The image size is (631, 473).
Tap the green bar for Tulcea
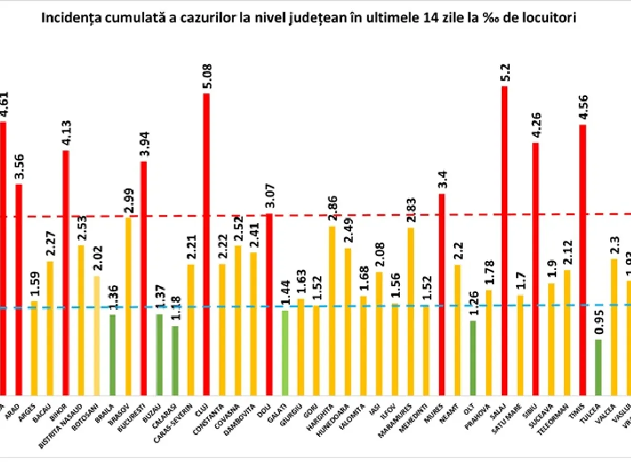(598, 367)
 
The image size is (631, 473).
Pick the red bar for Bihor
(66, 273)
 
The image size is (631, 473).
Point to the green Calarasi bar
(175, 361)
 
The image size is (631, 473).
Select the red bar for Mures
(442, 294)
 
